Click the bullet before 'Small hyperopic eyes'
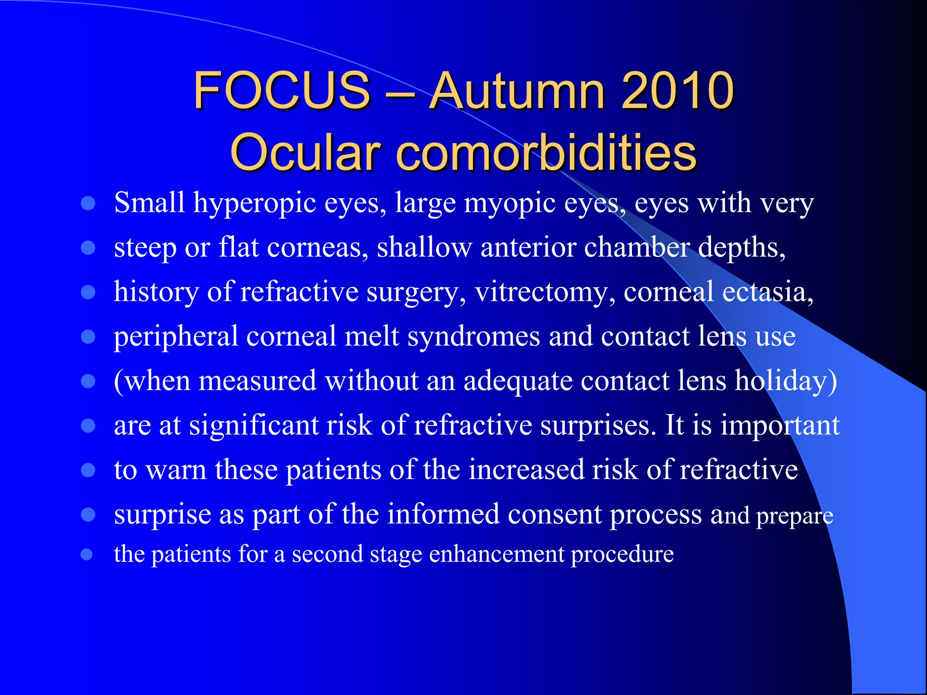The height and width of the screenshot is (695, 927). [88, 203]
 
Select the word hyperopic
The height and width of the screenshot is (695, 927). [254, 203]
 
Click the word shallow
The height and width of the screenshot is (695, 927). [424, 248]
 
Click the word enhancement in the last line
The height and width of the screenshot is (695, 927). [497, 554]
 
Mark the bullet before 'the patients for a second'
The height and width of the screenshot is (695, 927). [87, 554]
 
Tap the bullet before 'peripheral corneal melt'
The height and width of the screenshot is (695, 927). [88, 337]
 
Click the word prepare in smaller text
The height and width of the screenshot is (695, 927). [794, 516]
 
